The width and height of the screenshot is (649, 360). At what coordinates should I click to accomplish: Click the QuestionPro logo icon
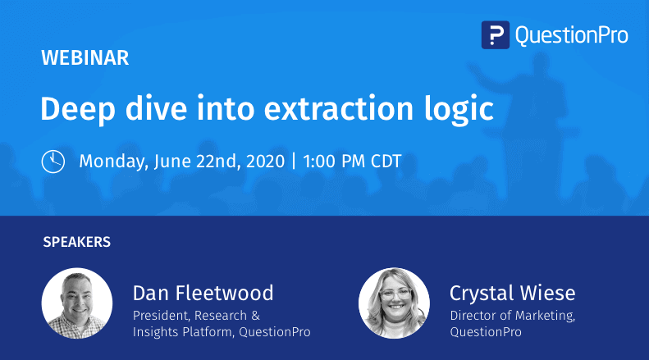point(496,35)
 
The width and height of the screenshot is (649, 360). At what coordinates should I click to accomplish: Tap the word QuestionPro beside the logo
point(571,35)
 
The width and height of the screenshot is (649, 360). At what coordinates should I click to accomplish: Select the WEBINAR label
point(85,58)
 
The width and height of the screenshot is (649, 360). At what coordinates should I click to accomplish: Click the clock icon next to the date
point(53,161)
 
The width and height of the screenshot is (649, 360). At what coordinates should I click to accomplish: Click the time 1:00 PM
point(334,161)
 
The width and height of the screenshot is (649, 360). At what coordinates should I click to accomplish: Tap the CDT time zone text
point(385,161)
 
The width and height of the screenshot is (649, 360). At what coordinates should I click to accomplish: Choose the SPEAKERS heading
point(76,243)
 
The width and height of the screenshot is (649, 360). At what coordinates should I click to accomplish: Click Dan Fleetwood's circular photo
point(77,303)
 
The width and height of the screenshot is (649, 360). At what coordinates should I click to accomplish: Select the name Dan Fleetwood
point(203,293)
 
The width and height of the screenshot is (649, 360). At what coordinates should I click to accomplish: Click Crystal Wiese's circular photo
point(394,303)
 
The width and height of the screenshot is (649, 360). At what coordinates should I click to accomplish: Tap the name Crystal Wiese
point(512,293)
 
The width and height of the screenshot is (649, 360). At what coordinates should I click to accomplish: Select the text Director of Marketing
point(512,315)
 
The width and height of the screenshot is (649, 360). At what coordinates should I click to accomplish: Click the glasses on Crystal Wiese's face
point(394,296)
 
